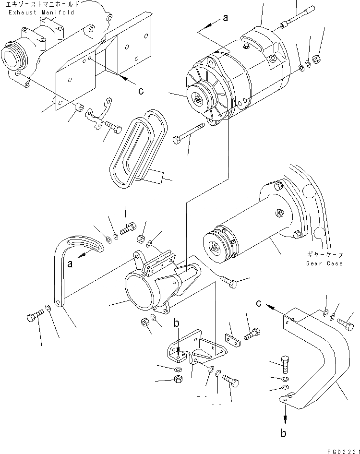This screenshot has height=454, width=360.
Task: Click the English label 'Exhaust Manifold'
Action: [41, 12]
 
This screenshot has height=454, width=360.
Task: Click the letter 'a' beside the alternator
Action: [225, 18]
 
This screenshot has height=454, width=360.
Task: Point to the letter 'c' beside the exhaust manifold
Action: [141, 91]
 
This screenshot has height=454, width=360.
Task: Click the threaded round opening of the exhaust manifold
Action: [12, 58]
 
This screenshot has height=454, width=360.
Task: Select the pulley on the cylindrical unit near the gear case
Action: [215, 244]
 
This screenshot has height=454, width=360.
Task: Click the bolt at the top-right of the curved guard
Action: [345, 324]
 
